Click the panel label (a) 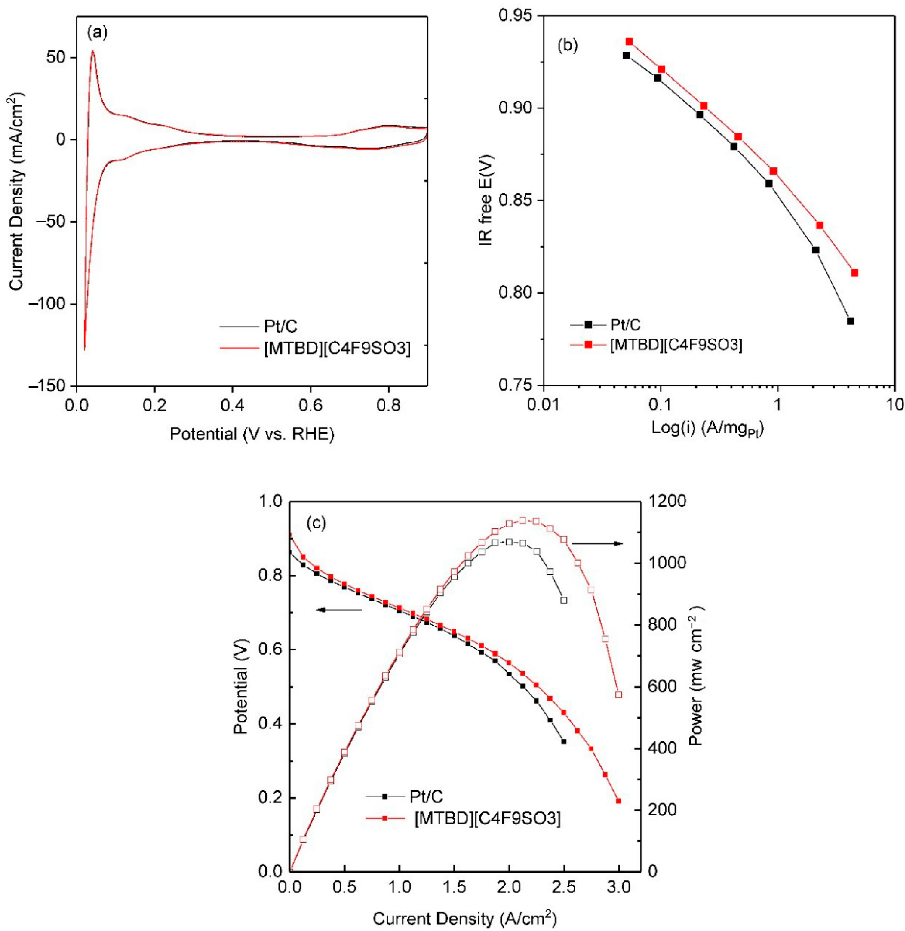tap(97, 33)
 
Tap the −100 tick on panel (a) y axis tap(50, 304)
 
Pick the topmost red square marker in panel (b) tap(629, 42)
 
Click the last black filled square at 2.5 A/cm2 tap(564, 741)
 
